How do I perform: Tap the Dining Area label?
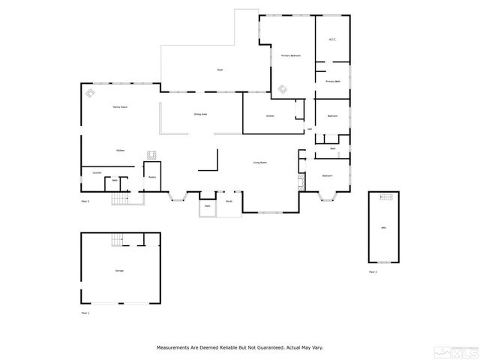pos(200,114)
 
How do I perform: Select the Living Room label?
pos(260,162)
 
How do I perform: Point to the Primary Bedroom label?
pos(291,55)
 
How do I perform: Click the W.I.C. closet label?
pos(332,39)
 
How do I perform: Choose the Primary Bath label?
pos(333,81)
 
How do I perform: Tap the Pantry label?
pos(151,177)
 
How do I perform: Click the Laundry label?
pos(97,173)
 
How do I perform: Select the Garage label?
pos(119,270)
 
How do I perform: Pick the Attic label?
pos(383,227)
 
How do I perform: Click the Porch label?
pos(229,201)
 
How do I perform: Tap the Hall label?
pos(310,129)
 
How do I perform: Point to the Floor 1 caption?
pos(85,312)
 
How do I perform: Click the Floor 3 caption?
pos(373,271)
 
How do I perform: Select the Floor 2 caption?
pos(85,202)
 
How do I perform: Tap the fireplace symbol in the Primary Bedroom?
pos(283,90)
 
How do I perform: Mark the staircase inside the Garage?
pos(116,240)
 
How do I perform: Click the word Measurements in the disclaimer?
pos(174,347)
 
